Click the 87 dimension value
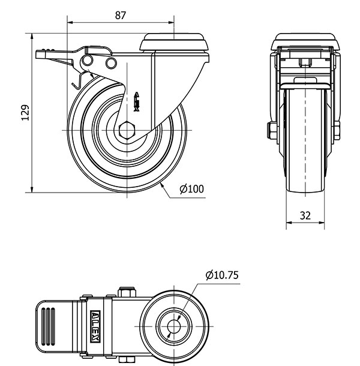[120, 16]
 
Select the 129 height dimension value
[26, 113]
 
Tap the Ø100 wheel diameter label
[191, 189]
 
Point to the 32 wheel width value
[305, 215]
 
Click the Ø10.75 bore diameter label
[222, 275]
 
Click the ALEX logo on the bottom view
[95, 326]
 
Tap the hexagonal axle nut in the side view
[127, 130]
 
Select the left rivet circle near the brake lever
[88, 61]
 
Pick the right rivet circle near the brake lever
[111, 63]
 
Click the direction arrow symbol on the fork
[137, 102]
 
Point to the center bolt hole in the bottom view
[173, 326]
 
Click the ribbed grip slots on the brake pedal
[48, 326]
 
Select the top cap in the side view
[174, 42]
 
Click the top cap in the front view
[305, 42]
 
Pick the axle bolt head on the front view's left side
[272, 130]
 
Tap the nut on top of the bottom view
[127, 292]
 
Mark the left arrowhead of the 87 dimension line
[70, 23]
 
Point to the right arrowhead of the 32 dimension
[322, 223]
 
